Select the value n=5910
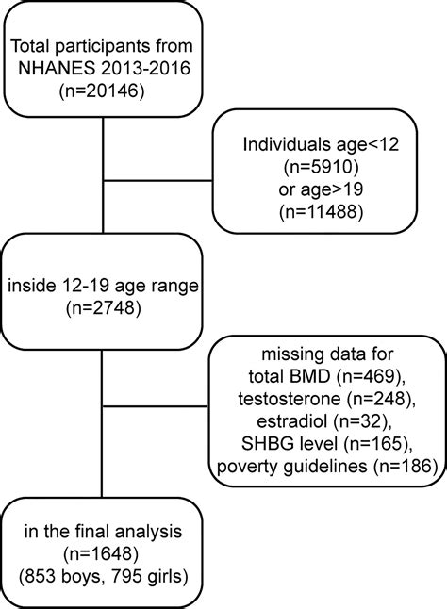pos(322,169)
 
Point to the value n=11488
pos(322,217)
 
